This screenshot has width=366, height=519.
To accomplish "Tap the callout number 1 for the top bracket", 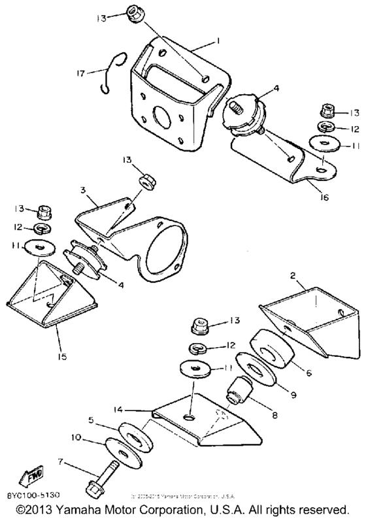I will [217, 41].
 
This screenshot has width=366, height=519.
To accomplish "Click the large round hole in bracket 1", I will [161, 117].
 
